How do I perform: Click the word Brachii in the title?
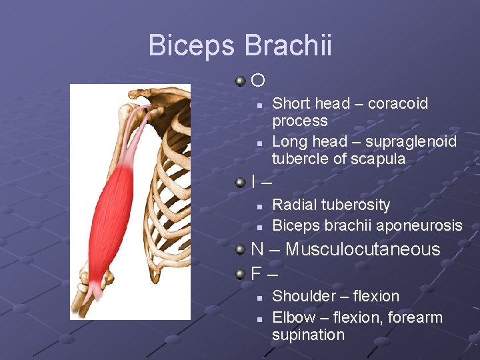tap(288, 46)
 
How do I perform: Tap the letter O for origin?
tap(258, 81)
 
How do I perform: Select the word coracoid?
tap(398, 103)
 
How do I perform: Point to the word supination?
tap(308, 335)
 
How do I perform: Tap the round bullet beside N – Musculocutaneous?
tap(241, 249)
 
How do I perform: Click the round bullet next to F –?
tap(241, 273)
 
